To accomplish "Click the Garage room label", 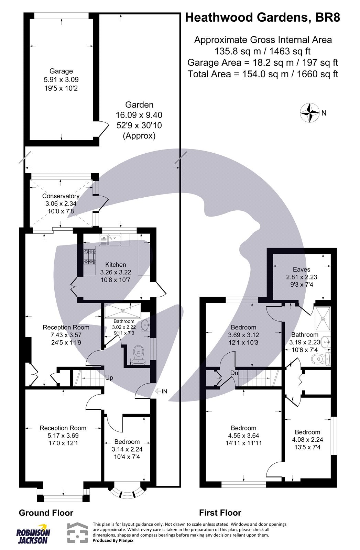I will point(61,71).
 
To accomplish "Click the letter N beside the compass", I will point(324,113).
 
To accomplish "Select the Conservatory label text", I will point(61,196).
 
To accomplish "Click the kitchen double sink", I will point(110,240).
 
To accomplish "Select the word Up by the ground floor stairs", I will point(109,378).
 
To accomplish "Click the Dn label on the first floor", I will point(234,373).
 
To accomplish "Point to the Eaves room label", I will point(302,269).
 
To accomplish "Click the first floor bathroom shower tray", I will point(323,319).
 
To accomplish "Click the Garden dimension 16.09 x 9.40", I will point(139,115).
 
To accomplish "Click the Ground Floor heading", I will point(46,513).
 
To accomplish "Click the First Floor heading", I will point(220,513).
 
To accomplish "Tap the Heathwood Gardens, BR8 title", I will point(263,18).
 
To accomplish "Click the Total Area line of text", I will point(263,74).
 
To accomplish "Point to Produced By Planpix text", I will point(113,540).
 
